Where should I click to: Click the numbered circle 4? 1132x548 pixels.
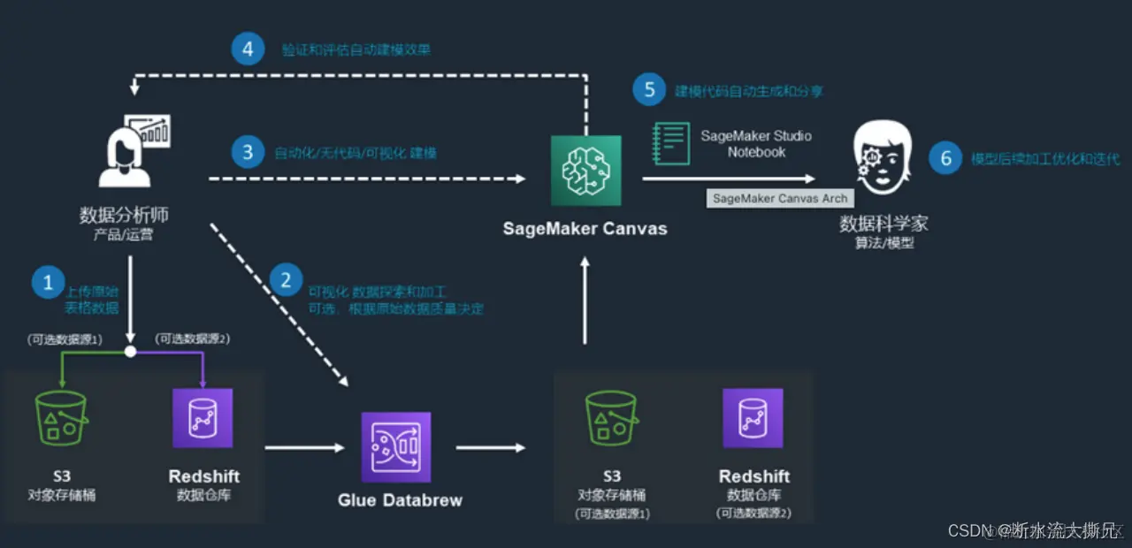click(x=248, y=49)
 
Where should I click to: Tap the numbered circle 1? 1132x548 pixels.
click(x=48, y=283)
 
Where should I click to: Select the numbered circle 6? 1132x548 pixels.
click(x=945, y=158)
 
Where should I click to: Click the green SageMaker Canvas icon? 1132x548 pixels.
click(x=585, y=171)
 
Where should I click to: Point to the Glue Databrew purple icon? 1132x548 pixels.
click(x=396, y=446)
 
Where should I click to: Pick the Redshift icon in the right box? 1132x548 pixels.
click(x=753, y=419)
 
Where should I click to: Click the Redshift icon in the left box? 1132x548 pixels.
click(x=203, y=418)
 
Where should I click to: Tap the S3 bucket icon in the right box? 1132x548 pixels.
click(x=611, y=419)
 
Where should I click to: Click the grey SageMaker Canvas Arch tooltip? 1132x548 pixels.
click(x=780, y=198)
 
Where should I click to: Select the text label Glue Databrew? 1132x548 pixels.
click(x=400, y=500)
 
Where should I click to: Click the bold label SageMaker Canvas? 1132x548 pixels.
click(x=585, y=228)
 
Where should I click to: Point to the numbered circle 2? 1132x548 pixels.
click(x=285, y=280)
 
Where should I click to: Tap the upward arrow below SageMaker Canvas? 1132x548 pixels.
click(x=585, y=301)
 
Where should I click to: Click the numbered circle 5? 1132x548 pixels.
click(x=649, y=89)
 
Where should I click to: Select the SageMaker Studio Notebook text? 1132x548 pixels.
click(x=756, y=143)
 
